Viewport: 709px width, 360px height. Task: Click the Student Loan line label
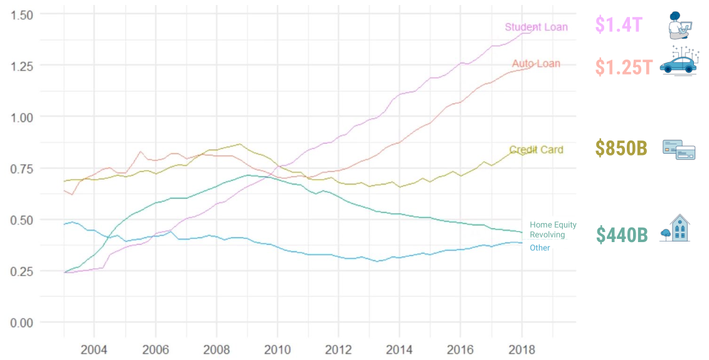536,27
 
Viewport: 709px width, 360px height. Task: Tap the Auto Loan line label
536,63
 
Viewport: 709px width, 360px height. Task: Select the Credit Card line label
536,150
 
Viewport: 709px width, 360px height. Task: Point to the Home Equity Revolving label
553,230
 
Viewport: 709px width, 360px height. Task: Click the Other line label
540,248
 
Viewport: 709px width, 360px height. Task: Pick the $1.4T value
619,24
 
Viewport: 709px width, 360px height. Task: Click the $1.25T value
624,67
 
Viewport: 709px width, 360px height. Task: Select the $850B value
621,149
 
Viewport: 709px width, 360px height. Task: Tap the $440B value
622,235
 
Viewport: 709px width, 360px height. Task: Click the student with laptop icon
679,25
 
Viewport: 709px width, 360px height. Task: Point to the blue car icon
678,61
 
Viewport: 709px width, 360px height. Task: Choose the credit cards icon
679,150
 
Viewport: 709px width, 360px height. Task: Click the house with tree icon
675,228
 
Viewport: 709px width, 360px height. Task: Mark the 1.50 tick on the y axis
22,15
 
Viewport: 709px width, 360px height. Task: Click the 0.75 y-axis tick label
22,169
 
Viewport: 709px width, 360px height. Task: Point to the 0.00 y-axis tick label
22,323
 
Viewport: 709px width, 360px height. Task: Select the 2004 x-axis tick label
94,349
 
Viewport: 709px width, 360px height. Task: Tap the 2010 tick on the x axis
277,349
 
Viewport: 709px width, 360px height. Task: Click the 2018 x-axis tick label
521,349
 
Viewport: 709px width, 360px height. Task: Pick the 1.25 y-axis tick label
22,66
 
